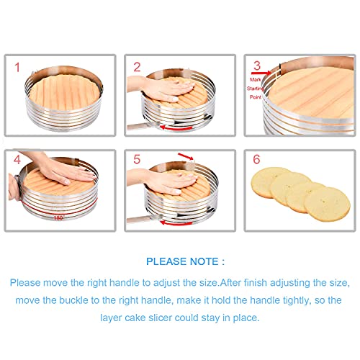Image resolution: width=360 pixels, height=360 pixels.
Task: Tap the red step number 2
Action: [137, 69]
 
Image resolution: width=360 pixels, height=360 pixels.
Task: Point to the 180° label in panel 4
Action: [58, 217]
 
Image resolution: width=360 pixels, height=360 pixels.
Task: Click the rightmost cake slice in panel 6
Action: [327, 203]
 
